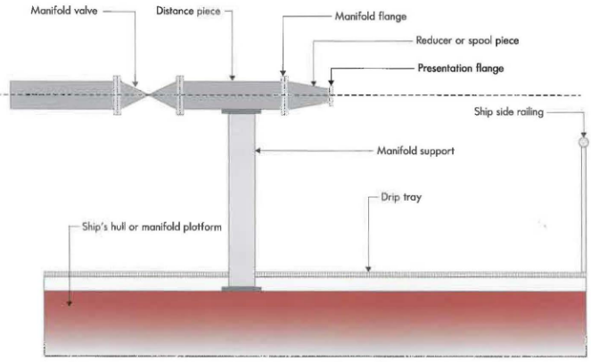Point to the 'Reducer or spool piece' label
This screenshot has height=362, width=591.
(x=467, y=41)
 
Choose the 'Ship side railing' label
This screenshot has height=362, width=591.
(x=508, y=111)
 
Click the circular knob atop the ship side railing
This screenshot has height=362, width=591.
(x=584, y=141)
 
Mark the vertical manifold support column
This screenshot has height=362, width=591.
(x=241, y=196)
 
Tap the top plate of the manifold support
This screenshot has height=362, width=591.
(x=241, y=111)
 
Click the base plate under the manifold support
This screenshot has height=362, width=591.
(x=241, y=289)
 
